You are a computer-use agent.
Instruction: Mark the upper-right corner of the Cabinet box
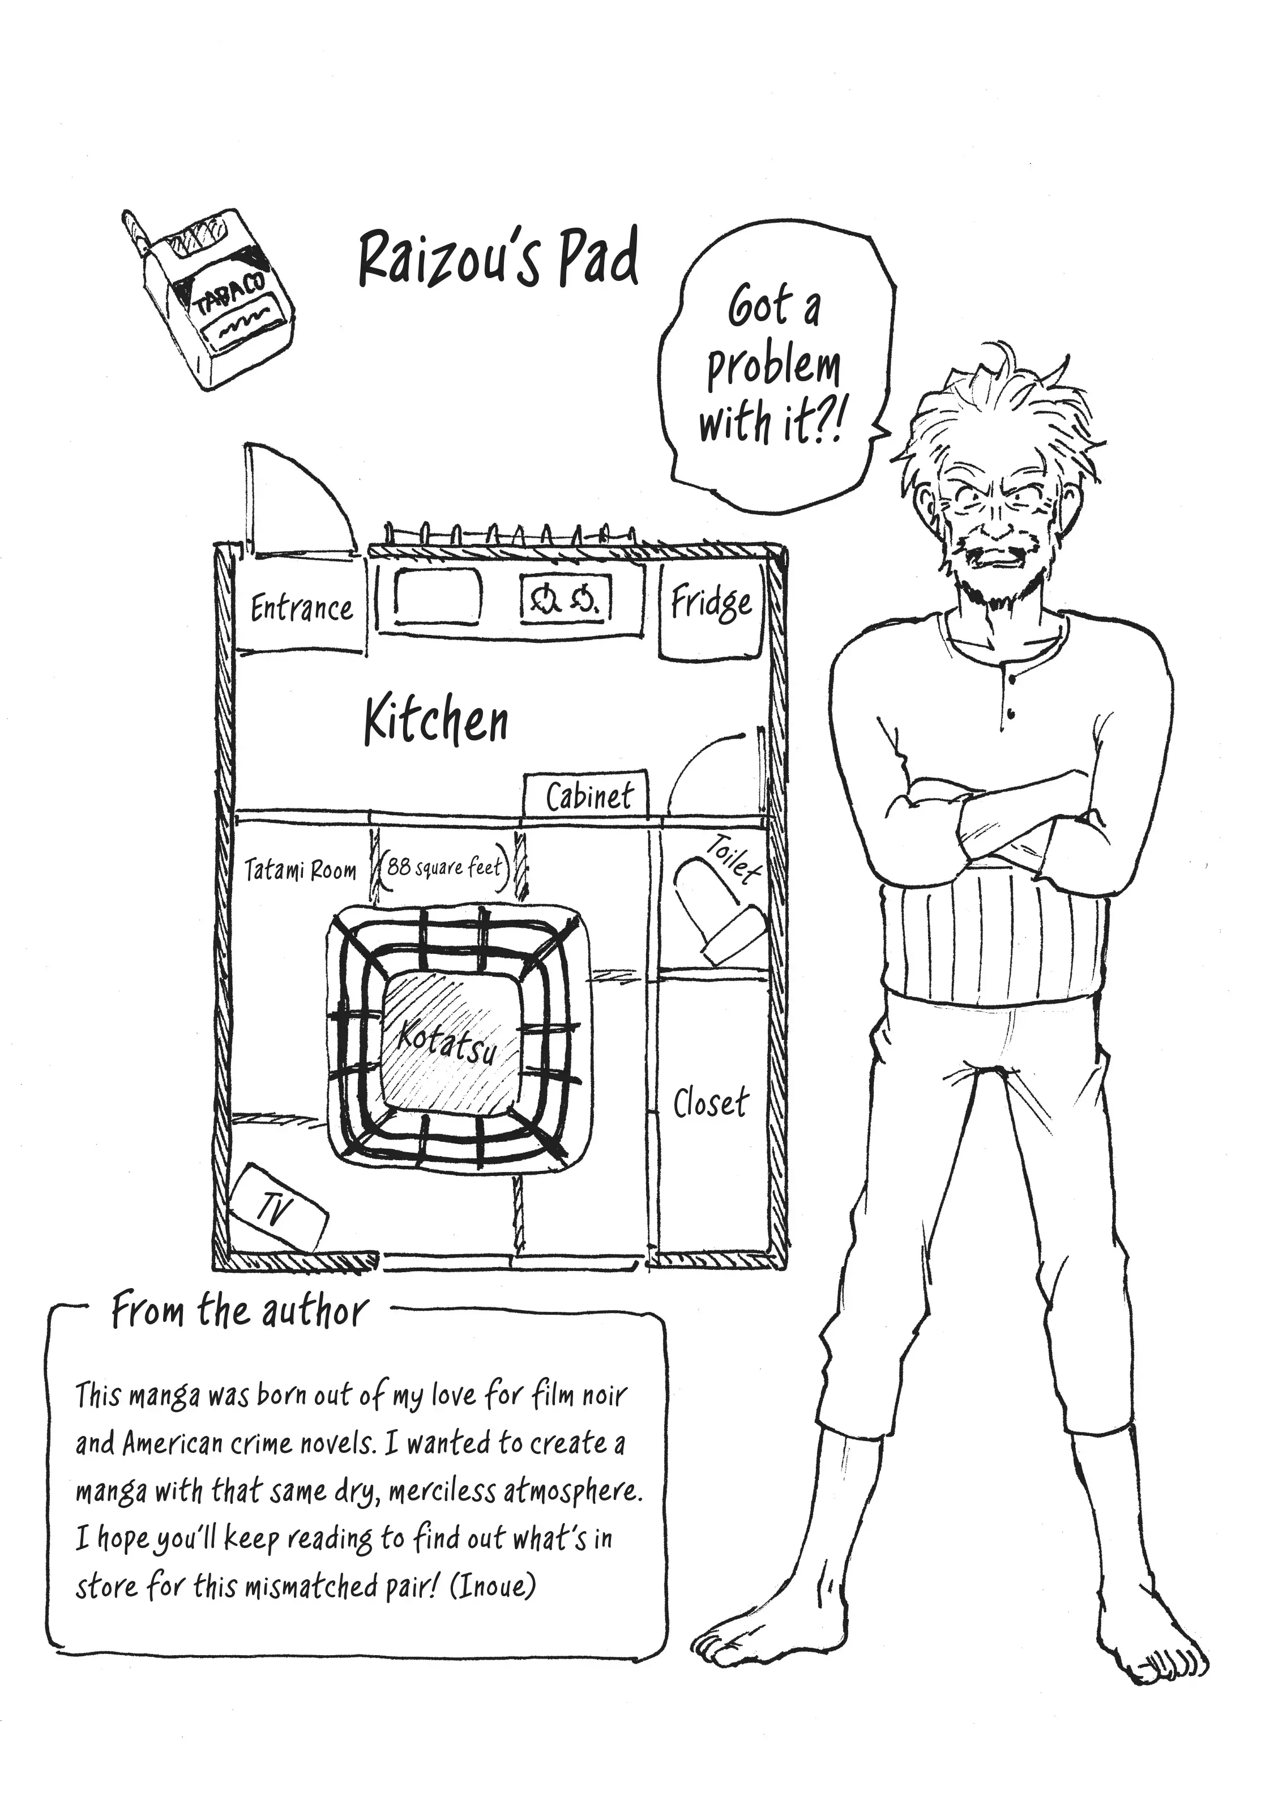(646, 770)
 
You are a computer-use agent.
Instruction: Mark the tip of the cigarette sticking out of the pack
(129, 215)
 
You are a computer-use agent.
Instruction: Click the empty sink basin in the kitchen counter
(437, 596)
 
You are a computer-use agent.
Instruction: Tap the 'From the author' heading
(240, 1311)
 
